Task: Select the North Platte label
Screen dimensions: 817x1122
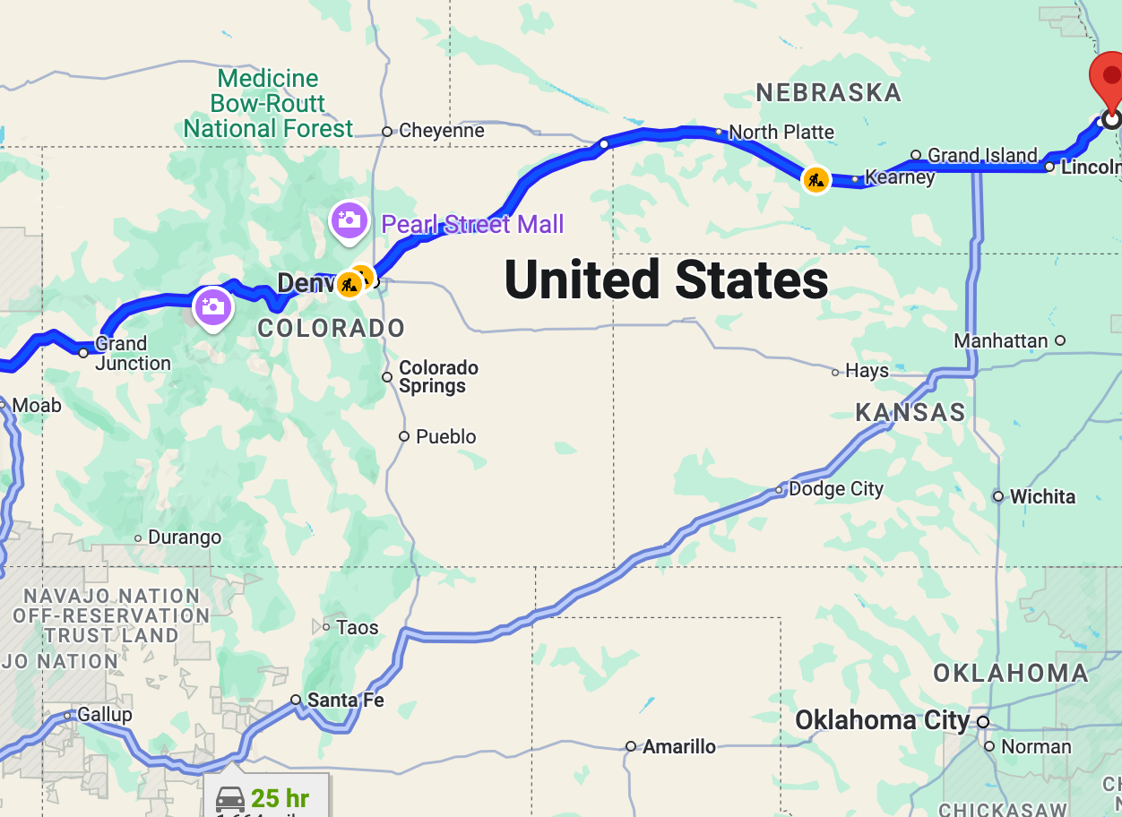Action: [781, 133]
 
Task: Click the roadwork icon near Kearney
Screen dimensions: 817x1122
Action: [816, 180]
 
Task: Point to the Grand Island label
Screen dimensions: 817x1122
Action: [982, 156]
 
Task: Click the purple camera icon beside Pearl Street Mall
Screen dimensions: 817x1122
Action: [349, 219]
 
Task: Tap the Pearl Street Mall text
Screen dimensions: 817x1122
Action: [472, 224]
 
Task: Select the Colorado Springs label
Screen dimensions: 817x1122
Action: [438, 377]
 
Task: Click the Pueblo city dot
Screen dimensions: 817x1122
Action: [404, 436]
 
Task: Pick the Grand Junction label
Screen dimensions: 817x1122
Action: [133, 354]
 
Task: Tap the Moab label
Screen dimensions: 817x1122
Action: [37, 406]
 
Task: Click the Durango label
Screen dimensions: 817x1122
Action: [185, 538]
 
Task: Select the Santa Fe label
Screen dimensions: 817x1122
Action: [345, 701]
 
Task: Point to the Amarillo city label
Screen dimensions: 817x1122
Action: [678, 746]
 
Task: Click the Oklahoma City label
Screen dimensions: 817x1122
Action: [882, 721]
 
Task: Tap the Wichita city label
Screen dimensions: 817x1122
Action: [1042, 497]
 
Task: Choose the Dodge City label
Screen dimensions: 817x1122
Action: [835, 489]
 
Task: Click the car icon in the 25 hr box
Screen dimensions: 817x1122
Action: [230, 798]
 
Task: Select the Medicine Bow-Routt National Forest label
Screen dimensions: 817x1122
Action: [268, 104]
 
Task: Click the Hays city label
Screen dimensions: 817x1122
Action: [867, 371]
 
